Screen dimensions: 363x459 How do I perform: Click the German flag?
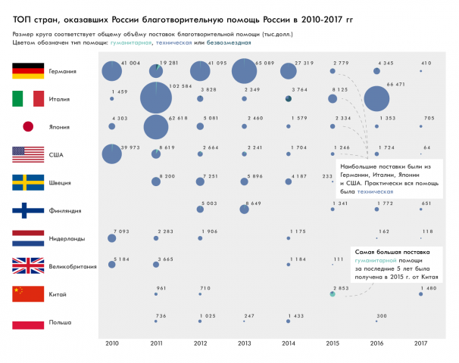coord(28,71)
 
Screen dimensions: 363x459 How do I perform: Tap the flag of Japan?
coord(28,127)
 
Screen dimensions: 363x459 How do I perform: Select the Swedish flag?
coord(28,183)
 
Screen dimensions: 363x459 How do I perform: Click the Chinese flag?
coord(28,294)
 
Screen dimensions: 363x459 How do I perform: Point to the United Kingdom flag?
coord(28,266)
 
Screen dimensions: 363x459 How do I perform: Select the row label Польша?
coord(60,323)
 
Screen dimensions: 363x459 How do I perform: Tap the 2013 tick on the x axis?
coord(244,343)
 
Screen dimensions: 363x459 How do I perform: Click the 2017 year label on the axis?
coord(420,343)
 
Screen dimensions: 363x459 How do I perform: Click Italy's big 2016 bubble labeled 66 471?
coord(376,99)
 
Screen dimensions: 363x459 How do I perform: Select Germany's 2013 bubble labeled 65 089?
coord(244,72)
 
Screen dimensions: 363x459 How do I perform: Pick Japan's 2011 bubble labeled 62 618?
coord(156,127)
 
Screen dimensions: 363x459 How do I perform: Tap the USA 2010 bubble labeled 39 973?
coord(112,154)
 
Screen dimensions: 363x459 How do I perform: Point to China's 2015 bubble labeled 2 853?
coord(333,294)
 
